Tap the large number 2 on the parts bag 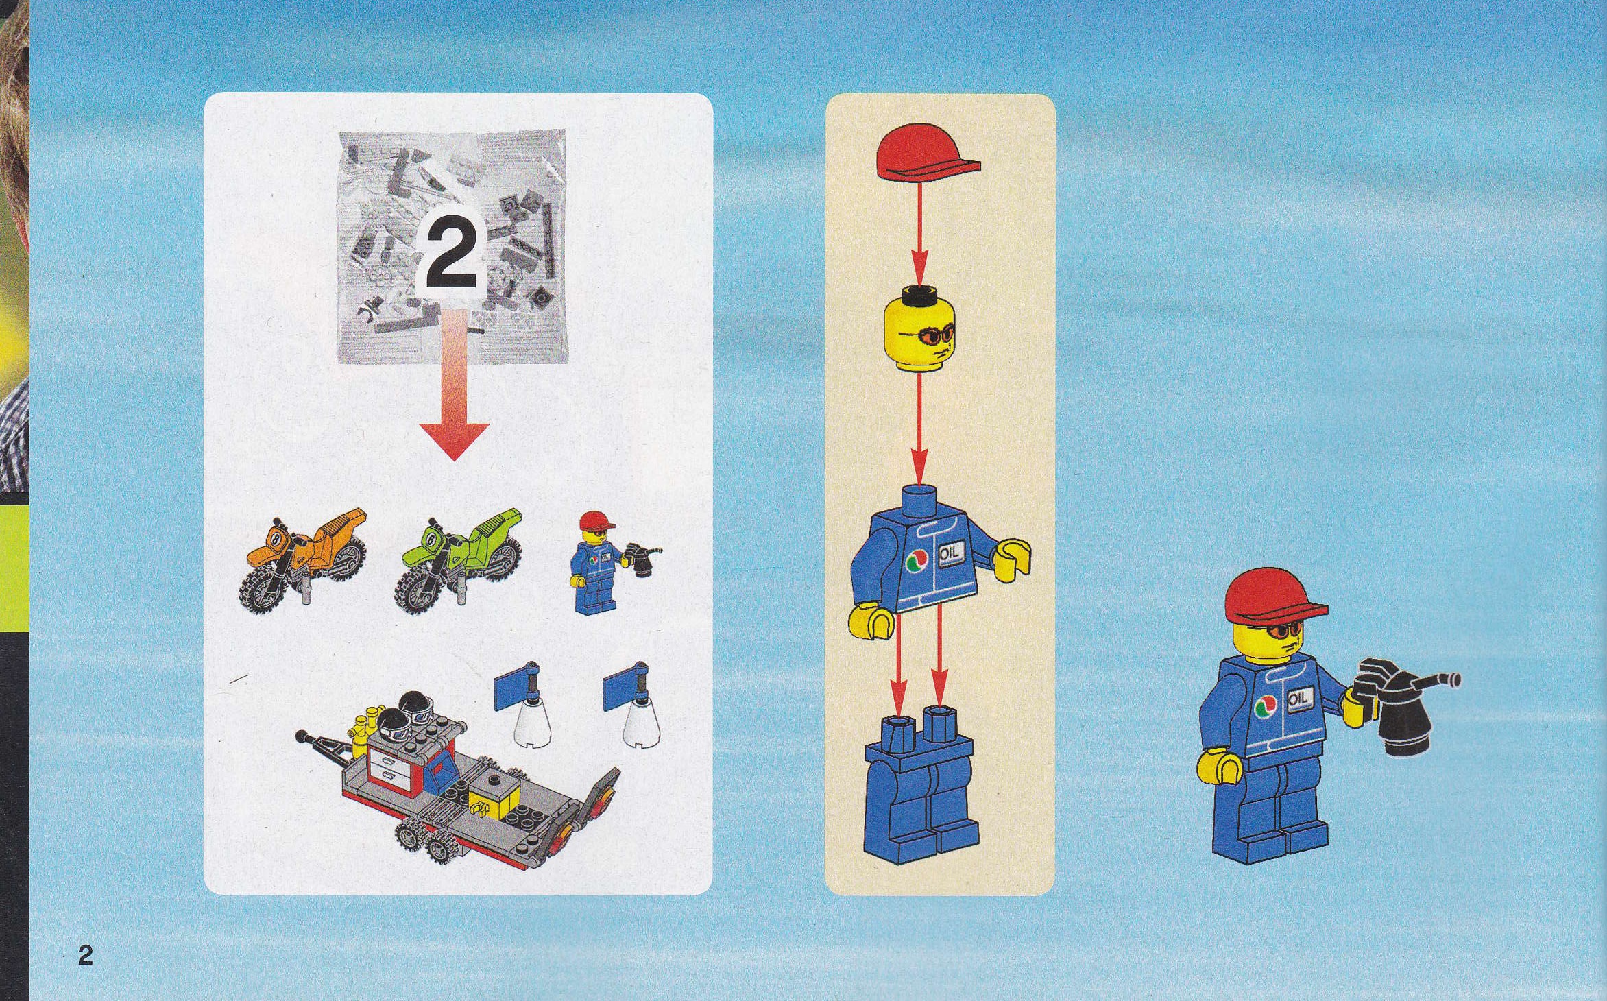pyautogui.click(x=451, y=255)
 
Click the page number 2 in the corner pyautogui.click(x=85, y=954)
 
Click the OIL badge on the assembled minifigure pyautogui.click(x=1298, y=698)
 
